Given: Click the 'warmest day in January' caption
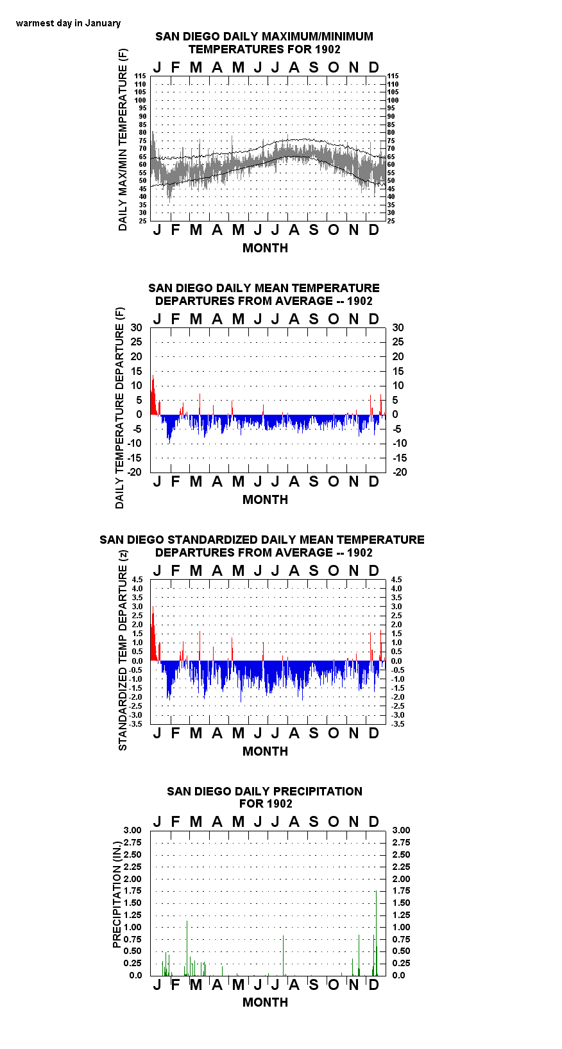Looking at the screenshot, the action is click(x=68, y=23).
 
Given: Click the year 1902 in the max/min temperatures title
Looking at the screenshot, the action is click(x=328, y=49).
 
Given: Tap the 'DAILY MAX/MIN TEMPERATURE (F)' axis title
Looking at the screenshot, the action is click(x=123, y=139).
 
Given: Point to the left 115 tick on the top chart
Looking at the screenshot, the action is click(x=140, y=76).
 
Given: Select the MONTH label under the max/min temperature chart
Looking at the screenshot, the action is click(x=265, y=248).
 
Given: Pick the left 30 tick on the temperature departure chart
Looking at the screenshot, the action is click(x=136, y=328).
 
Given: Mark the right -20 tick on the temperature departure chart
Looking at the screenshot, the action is click(x=400, y=472).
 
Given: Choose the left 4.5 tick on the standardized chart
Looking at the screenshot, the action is click(x=137, y=580).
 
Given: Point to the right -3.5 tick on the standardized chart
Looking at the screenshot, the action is click(x=398, y=724).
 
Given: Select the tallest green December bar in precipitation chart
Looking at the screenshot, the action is click(x=376, y=933).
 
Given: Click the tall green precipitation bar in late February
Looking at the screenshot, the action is click(x=187, y=948).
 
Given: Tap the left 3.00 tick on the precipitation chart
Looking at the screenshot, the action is click(x=132, y=830).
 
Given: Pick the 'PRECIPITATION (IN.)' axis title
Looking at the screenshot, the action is click(x=117, y=894).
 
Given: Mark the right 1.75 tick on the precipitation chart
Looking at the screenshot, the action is click(x=401, y=890).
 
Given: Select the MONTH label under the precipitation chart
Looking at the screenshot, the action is click(x=265, y=1002).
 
